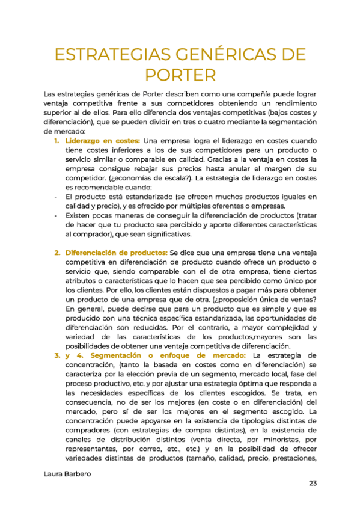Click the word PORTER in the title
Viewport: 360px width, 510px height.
(x=180, y=75)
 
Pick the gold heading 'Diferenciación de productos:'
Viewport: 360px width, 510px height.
(x=117, y=253)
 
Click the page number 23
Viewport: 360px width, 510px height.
(x=313, y=483)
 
